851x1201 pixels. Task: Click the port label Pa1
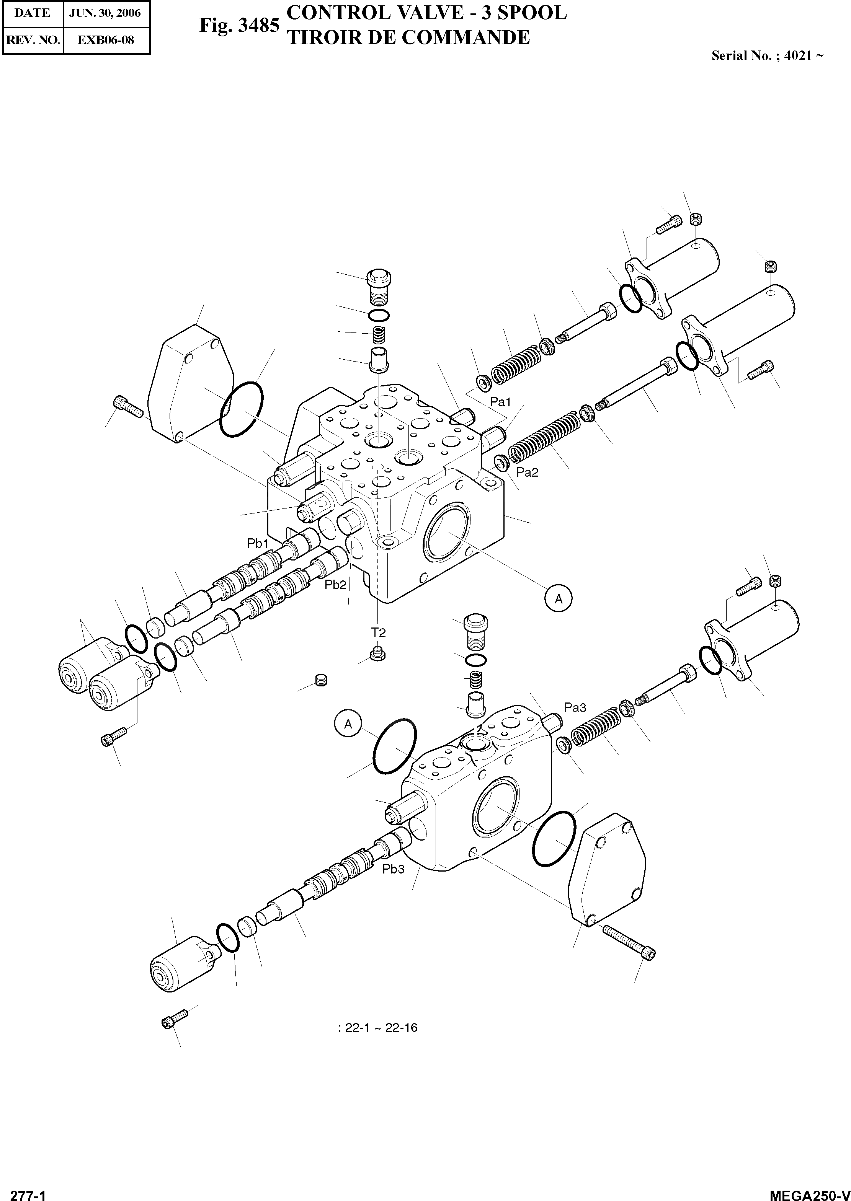pos(500,402)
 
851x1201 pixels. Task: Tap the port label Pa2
pos(527,473)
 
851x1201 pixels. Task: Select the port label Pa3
pos(575,707)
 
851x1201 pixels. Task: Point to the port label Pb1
pos(258,544)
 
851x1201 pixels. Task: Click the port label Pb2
pos(335,585)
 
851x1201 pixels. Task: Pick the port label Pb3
pos(393,869)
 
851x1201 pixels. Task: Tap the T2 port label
pos(378,633)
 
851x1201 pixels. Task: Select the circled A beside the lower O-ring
pos(348,724)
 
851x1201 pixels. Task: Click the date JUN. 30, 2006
pos(105,13)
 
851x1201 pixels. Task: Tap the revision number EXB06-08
pos(105,39)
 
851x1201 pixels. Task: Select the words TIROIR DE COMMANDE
pos(409,38)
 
